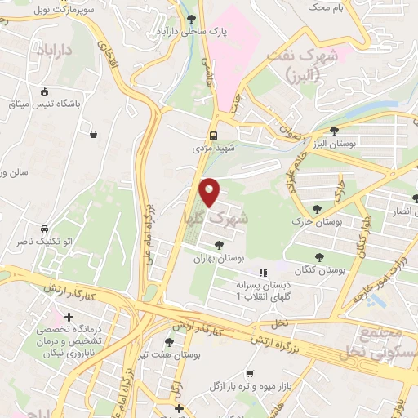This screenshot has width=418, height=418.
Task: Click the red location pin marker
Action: [211, 192]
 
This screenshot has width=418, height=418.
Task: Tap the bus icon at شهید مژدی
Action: [213, 136]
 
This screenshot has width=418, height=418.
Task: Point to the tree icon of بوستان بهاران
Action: [219, 242]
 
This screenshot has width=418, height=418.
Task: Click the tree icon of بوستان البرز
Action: [334, 131]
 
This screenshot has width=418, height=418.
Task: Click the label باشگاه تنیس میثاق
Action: [41, 105]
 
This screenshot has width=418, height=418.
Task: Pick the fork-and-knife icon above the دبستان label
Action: [262, 273]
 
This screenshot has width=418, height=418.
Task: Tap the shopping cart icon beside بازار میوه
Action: [250, 374]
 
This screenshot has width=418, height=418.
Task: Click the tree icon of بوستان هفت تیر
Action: [169, 343]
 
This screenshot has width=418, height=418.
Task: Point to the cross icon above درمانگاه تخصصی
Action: [69, 317]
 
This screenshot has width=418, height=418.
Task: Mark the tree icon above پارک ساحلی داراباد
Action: [191, 18]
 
